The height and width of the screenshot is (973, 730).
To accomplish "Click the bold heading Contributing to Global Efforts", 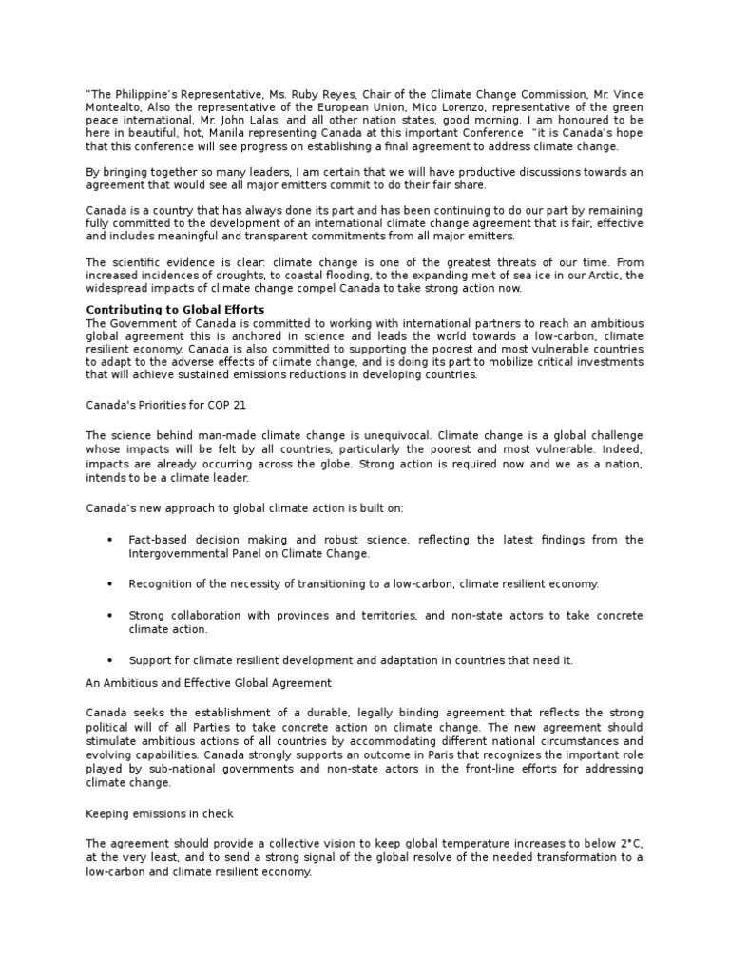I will click(175, 310).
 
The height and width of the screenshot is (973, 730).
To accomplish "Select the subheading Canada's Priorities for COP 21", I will click(165, 404).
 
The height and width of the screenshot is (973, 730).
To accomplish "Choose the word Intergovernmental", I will click(179, 552).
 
